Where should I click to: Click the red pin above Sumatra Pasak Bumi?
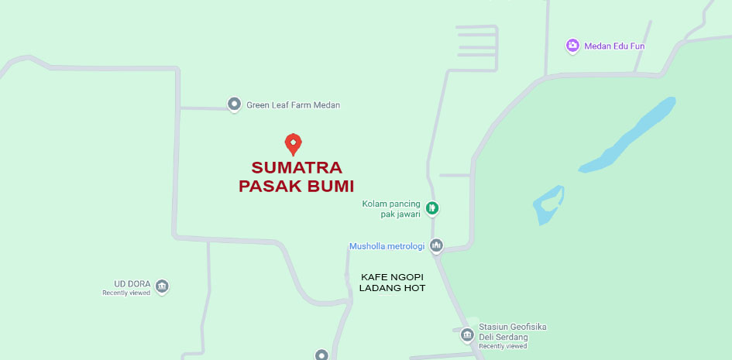(x=293, y=143)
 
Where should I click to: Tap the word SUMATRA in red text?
(x=297, y=168)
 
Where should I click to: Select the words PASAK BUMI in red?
(x=296, y=187)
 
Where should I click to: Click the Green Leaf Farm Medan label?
(x=293, y=105)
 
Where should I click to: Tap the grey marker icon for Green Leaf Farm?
(x=234, y=104)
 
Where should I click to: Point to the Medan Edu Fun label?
(x=614, y=46)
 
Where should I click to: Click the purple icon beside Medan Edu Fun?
(x=572, y=46)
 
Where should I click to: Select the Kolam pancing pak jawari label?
(x=392, y=208)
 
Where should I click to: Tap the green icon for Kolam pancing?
(x=432, y=207)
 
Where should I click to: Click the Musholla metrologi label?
(x=387, y=247)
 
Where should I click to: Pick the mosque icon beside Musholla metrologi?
(x=436, y=246)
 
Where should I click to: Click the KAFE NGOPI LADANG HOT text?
(x=392, y=283)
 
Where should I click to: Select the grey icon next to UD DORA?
(x=162, y=286)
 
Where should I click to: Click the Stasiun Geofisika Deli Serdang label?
(x=514, y=332)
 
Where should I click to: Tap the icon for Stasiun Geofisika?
(x=467, y=334)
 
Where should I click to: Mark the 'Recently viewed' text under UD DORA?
(x=126, y=293)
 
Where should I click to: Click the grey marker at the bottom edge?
(x=321, y=355)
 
